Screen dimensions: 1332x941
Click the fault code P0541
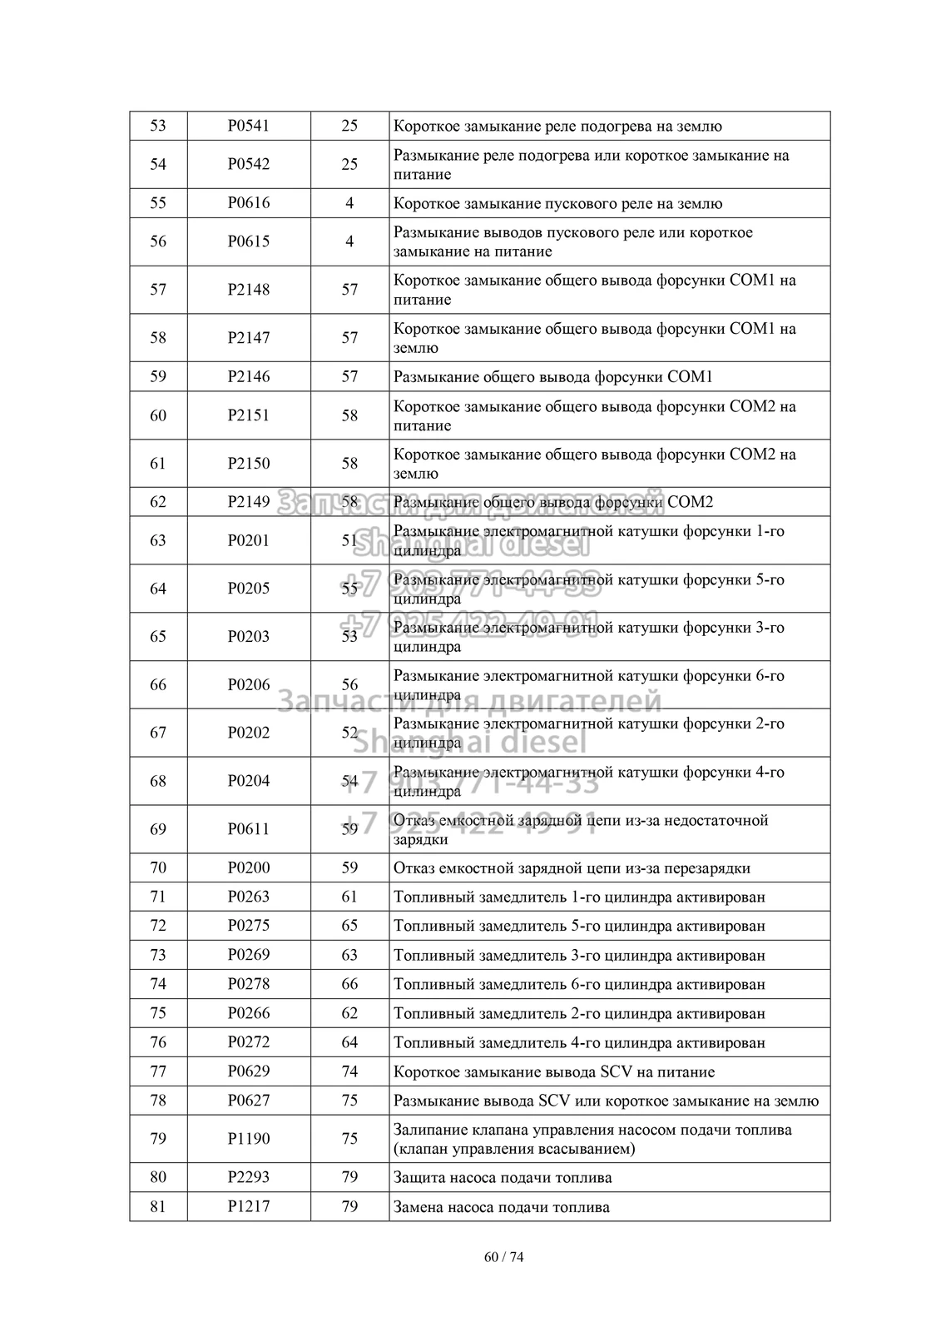pyautogui.click(x=249, y=126)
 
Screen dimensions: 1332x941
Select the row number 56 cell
pyautogui.click(x=158, y=241)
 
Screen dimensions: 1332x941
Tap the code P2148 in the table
pyautogui.click(x=249, y=290)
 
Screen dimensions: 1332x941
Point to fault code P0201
pyautogui.click(x=249, y=540)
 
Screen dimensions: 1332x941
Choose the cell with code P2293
pyautogui.click(x=249, y=1177)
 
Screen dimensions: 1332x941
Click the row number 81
pyautogui.click(x=158, y=1206)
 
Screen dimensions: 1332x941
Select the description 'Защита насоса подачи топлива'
pyautogui.click(x=503, y=1177)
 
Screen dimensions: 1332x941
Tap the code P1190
pyautogui.click(x=249, y=1139)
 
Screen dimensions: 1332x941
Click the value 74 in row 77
pyautogui.click(x=349, y=1071)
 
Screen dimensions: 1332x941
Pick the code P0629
pyautogui.click(x=249, y=1071)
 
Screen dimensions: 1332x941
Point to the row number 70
pyautogui.click(x=158, y=867)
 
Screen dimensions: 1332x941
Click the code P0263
pyautogui.click(x=249, y=897)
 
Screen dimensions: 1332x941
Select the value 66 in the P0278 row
pyautogui.click(x=349, y=984)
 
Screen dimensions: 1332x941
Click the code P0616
pyautogui.click(x=249, y=203)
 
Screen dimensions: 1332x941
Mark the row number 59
pyautogui.click(x=158, y=376)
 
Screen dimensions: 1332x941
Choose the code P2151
pyautogui.click(x=249, y=415)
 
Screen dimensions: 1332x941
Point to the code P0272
pyautogui.click(x=249, y=1042)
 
